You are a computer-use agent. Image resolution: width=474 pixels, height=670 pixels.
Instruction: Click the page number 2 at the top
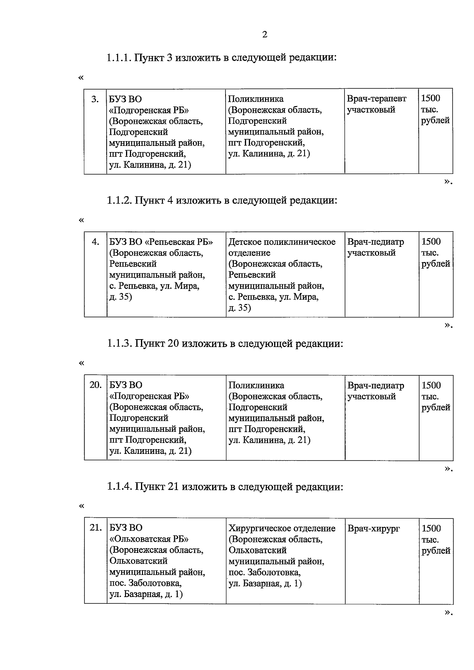[x=265, y=35]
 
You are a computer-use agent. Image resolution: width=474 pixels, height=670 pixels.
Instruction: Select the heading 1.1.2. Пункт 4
[x=222, y=200]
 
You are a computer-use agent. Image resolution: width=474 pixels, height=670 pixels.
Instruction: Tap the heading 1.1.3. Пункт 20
[x=225, y=343]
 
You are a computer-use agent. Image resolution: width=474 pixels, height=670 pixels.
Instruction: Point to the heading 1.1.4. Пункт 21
[x=225, y=487]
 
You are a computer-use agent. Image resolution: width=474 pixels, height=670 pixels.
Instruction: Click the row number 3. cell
[x=95, y=99]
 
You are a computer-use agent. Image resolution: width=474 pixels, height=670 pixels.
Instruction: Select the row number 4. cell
[x=96, y=242]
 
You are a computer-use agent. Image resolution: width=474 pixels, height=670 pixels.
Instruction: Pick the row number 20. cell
[x=96, y=385]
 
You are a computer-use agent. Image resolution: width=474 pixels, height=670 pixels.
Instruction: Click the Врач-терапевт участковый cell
[x=376, y=104]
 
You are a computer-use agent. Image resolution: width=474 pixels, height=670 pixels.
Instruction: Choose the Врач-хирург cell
[x=374, y=528]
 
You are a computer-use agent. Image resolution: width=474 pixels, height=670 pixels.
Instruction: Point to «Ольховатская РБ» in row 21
[x=149, y=539]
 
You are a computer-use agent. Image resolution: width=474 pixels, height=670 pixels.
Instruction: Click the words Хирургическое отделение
[x=282, y=528]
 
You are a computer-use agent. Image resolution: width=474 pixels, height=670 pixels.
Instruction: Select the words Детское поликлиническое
[x=282, y=242]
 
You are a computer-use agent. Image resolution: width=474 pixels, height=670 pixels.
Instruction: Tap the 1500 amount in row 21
[x=431, y=528]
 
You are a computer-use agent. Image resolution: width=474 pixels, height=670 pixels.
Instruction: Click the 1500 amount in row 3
[x=431, y=99]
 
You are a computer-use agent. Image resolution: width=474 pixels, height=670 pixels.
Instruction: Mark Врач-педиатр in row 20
[x=376, y=385]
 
